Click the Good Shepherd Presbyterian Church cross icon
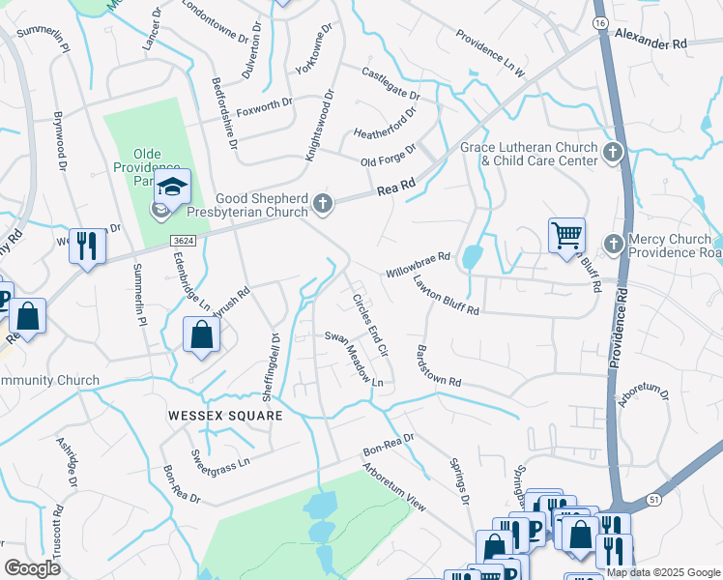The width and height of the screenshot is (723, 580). pyautogui.click(x=323, y=204)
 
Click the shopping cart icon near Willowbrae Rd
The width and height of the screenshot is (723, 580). pyautogui.click(x=565, y=235)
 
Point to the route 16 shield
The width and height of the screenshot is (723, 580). pyautogui.click(x=600, y=22)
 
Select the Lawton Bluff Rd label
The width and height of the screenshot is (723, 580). pyautogui.click(x=446, y=296)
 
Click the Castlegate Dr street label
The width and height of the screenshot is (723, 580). pyautogui.click(x=390, y=84)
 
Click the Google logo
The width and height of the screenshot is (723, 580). pyautogui.click(x=32, y=567)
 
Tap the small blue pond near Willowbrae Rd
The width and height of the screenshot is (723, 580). pyautogui.click(x=472, y=256)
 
